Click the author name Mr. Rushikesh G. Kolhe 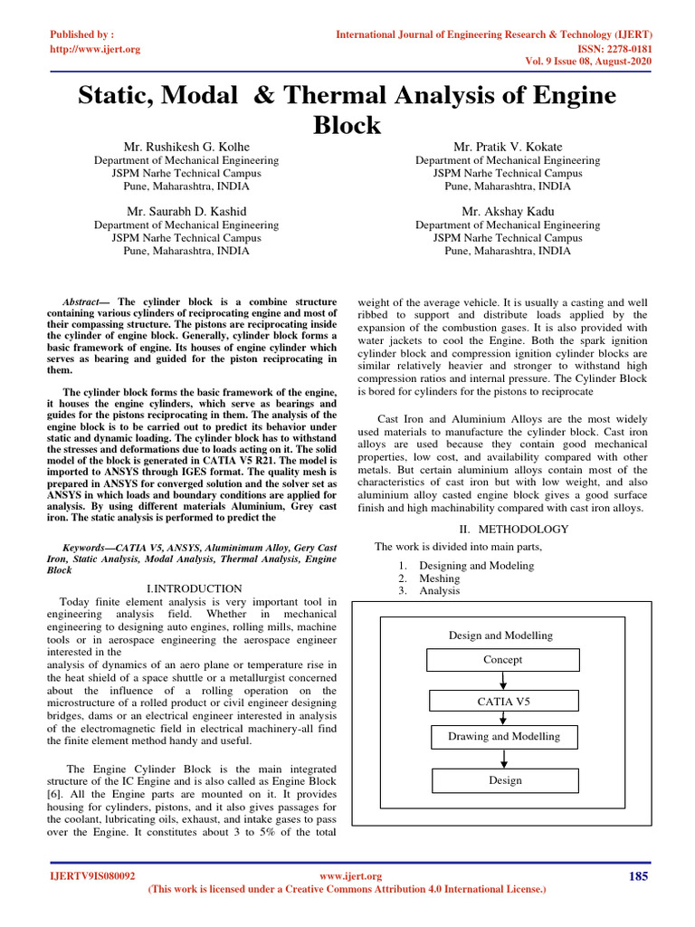[186, 146]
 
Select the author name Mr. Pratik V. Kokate [507, 146]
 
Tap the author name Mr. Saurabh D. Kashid [186, 211]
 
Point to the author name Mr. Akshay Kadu [507, 211]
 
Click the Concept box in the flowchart [502, 660]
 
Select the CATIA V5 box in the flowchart [502, 701]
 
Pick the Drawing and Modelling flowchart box [504, 737]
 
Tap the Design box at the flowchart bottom [505, 780]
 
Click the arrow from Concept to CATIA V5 [502, 681]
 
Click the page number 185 [638, 875]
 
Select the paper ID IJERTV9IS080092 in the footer [91, 876]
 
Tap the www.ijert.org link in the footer [352, 876]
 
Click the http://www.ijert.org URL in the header [95, 49]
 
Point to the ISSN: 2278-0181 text [614, 49]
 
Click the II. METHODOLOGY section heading [511, 529]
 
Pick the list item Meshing [439, 578]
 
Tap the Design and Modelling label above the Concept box [500, 636]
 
